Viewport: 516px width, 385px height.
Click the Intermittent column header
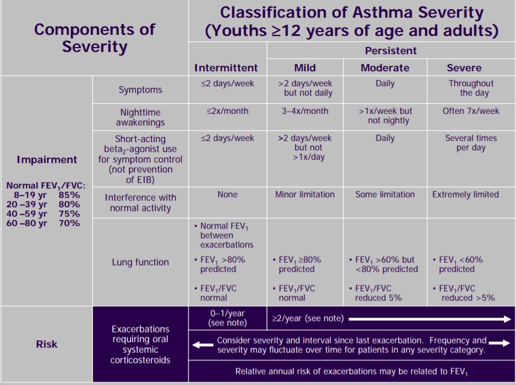click(226, 67)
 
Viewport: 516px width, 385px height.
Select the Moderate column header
click(385, 67)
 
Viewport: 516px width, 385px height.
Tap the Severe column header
click(464, 67)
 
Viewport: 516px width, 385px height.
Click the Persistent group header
click(391, 51)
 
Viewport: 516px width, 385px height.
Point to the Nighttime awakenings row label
click(140, 117)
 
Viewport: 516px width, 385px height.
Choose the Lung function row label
click(140, 262)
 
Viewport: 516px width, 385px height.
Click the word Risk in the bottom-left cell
click(46, 344)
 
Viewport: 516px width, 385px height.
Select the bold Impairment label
click(47, 159)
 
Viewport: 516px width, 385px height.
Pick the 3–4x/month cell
click(305, 111)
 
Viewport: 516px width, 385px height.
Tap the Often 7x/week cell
click(471, 111)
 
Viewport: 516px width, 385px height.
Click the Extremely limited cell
click(465, 195)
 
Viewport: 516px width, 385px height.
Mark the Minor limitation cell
click(305, 195)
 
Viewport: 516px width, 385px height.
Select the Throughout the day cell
click(471, 88)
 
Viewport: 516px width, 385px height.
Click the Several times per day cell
click(471, 143)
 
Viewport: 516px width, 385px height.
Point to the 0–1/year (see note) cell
click(228, 318)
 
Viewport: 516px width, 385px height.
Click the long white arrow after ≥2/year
click(430, 319)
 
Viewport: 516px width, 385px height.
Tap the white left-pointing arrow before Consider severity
click(203, 345)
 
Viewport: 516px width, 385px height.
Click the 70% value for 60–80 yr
click(69, 223)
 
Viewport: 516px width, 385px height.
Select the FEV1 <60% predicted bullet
click(458, 264)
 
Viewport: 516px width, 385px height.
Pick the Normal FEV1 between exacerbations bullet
click(224, 235)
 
